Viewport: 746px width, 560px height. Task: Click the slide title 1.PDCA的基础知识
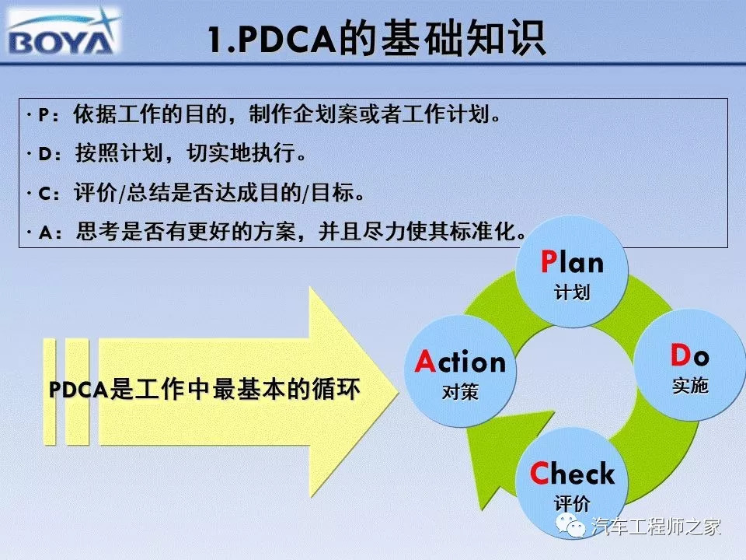[376, 38]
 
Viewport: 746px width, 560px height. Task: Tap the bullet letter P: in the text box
[48, 115]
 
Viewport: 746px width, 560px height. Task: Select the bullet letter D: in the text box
[50, 154]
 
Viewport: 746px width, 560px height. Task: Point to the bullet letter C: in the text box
[49, 194]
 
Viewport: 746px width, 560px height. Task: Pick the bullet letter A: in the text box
[50, 233]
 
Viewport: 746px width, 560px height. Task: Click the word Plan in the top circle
[573, 262]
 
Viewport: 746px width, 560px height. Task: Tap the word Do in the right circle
[690, 355]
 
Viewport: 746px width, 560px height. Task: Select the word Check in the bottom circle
[572, 473]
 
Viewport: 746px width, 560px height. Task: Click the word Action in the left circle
[460, 362]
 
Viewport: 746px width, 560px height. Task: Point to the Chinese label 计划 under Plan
[572, 292]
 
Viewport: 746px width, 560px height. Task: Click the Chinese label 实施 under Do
[690, 385]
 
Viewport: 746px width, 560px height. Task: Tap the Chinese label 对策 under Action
[460, 392]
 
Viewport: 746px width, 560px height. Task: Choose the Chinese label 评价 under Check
[572, 503]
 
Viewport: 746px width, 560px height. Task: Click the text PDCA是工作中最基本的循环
[204, 390]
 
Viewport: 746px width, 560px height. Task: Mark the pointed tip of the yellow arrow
[398, 392]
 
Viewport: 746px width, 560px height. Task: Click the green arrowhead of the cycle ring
[504, 457]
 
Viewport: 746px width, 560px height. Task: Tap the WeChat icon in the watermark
[570, 526]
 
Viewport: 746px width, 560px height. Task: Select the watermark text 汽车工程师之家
[657, 527]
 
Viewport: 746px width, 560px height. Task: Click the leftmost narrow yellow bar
[50, 391]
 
